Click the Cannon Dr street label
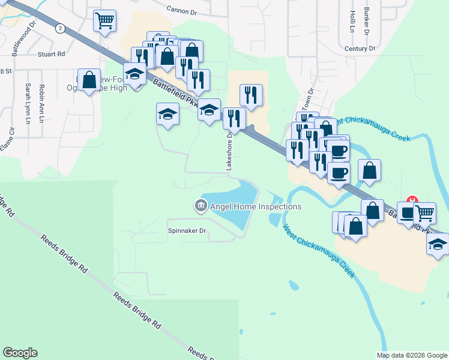tap(181, 10)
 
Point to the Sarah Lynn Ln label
tap(28, 103)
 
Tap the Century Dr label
tap(360, 48)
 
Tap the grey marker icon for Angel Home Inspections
tap(200, 206)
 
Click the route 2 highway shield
tap(59, 28)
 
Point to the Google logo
tap(20, 352)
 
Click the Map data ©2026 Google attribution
tap(412, 355)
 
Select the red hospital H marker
tap(412, 200)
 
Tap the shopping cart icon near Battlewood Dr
tap(104, 21)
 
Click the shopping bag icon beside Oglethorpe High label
tap(89, 80)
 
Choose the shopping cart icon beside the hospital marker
tap(424, 212)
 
